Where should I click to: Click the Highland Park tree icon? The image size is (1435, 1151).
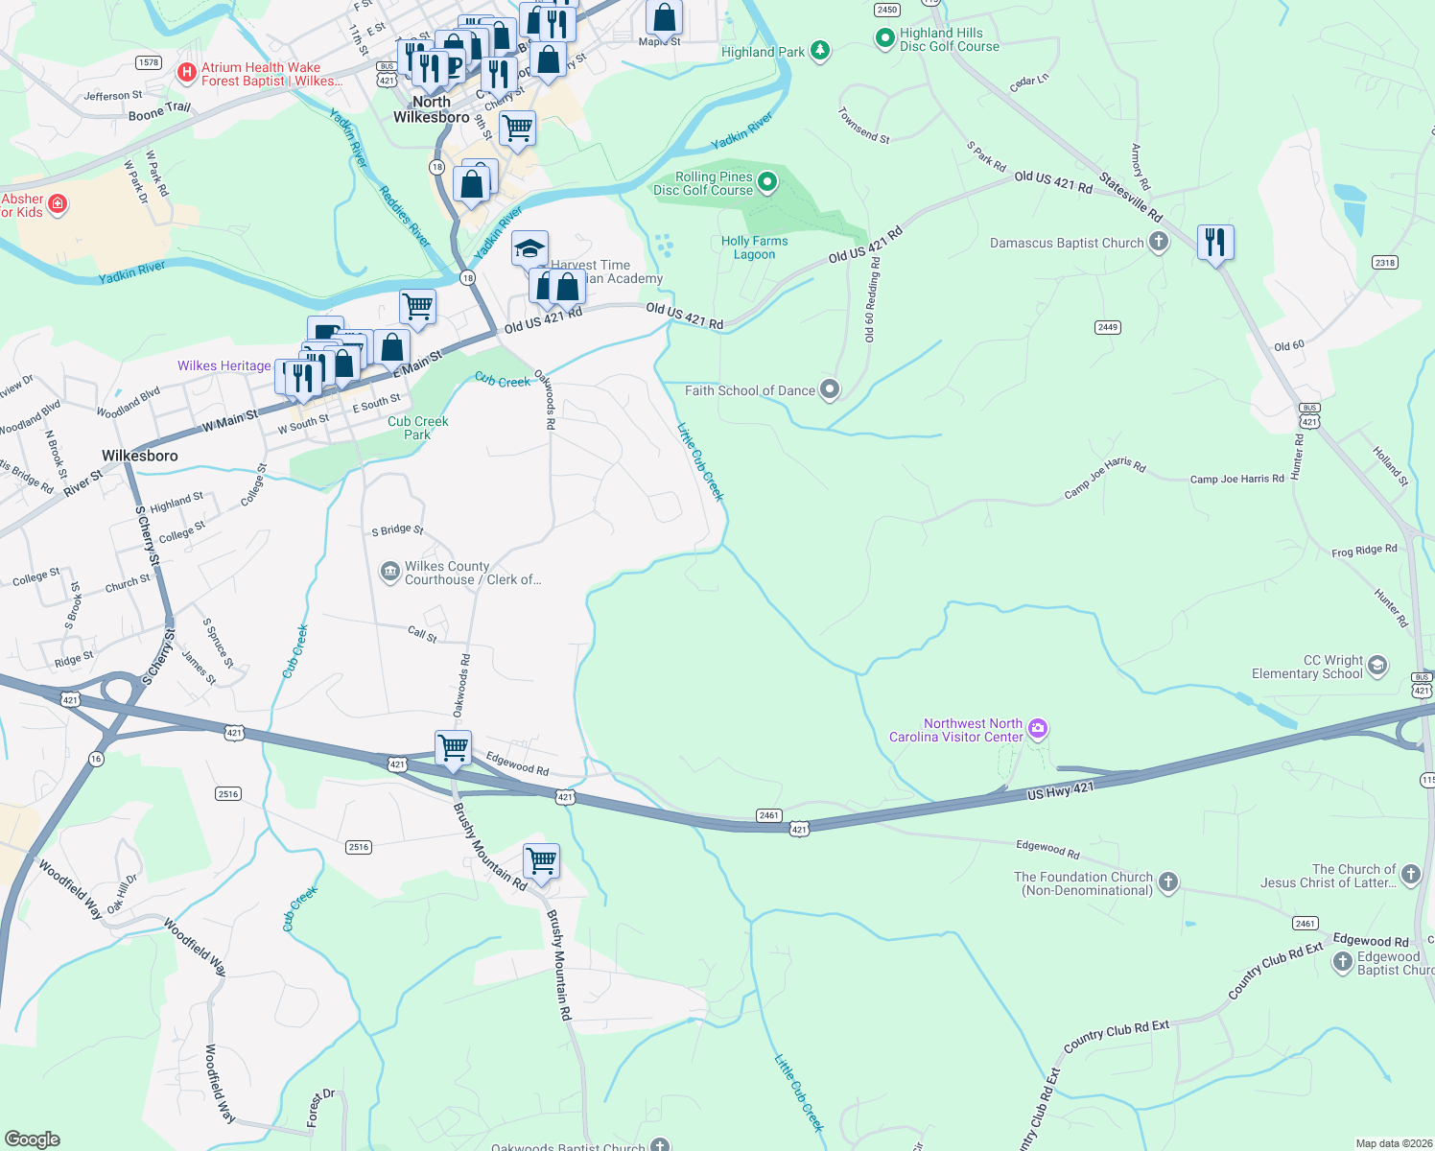[819, 51]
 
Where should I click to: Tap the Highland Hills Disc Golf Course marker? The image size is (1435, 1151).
[884, 39]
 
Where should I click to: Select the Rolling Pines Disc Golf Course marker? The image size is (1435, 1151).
[767, 182]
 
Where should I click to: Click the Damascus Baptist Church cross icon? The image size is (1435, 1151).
[1159, 242]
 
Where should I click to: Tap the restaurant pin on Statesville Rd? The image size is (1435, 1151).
[1215, 243]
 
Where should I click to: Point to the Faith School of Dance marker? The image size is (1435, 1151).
[831, 389]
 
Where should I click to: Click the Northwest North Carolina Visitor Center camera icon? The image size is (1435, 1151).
[1037, 730]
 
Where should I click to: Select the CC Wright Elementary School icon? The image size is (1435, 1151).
[1377, 666]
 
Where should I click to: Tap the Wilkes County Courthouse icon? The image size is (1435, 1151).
[389, 573]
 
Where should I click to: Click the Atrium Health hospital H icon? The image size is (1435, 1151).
[187, 72]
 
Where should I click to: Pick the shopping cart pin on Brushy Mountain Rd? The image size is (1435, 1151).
[541, 860]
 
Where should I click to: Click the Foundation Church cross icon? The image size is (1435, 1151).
[1167, 882]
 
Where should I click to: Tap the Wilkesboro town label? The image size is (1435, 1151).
[140, 456]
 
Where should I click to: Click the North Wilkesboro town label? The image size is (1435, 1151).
[432, 109]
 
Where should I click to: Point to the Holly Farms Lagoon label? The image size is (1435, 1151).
[754, 247]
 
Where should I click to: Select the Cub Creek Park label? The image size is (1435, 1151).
[417, 428]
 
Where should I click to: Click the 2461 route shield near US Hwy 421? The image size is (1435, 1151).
[769, 815]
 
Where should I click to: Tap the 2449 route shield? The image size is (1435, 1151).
[1108, 327]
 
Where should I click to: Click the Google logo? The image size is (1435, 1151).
[33, 1139]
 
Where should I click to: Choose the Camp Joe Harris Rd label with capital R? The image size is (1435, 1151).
[1236, 479]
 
